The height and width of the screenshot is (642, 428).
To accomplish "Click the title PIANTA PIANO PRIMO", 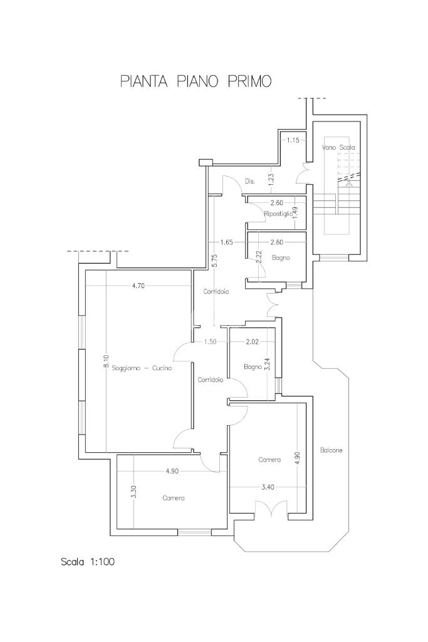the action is (196, 81).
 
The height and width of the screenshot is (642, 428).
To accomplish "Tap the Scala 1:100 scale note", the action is (88, 561).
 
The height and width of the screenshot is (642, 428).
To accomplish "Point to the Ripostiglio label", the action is (278, 214).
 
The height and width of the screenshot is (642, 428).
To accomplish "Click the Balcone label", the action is (331, 450).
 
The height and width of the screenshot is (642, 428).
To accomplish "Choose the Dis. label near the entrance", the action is (250, 181).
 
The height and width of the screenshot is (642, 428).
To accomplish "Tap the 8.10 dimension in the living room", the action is (106, 361).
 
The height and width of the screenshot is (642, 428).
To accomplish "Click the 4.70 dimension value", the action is (138, 286).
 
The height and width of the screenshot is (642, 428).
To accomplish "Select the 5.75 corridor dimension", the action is (216, 261).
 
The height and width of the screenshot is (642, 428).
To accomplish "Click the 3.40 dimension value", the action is (268, 487).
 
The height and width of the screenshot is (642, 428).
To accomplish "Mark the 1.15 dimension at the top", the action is (293, 140).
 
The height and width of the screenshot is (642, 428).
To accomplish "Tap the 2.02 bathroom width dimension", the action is (253, 342).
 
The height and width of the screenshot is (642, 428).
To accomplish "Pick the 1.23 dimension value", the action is (271, 178).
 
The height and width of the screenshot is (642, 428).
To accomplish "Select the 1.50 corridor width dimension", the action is (210, 342).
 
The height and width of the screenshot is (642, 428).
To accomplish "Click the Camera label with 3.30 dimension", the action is (173, 498).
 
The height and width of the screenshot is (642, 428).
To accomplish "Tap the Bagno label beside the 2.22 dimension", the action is (281, 257).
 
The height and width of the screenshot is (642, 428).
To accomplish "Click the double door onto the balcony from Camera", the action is (271, 509).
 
